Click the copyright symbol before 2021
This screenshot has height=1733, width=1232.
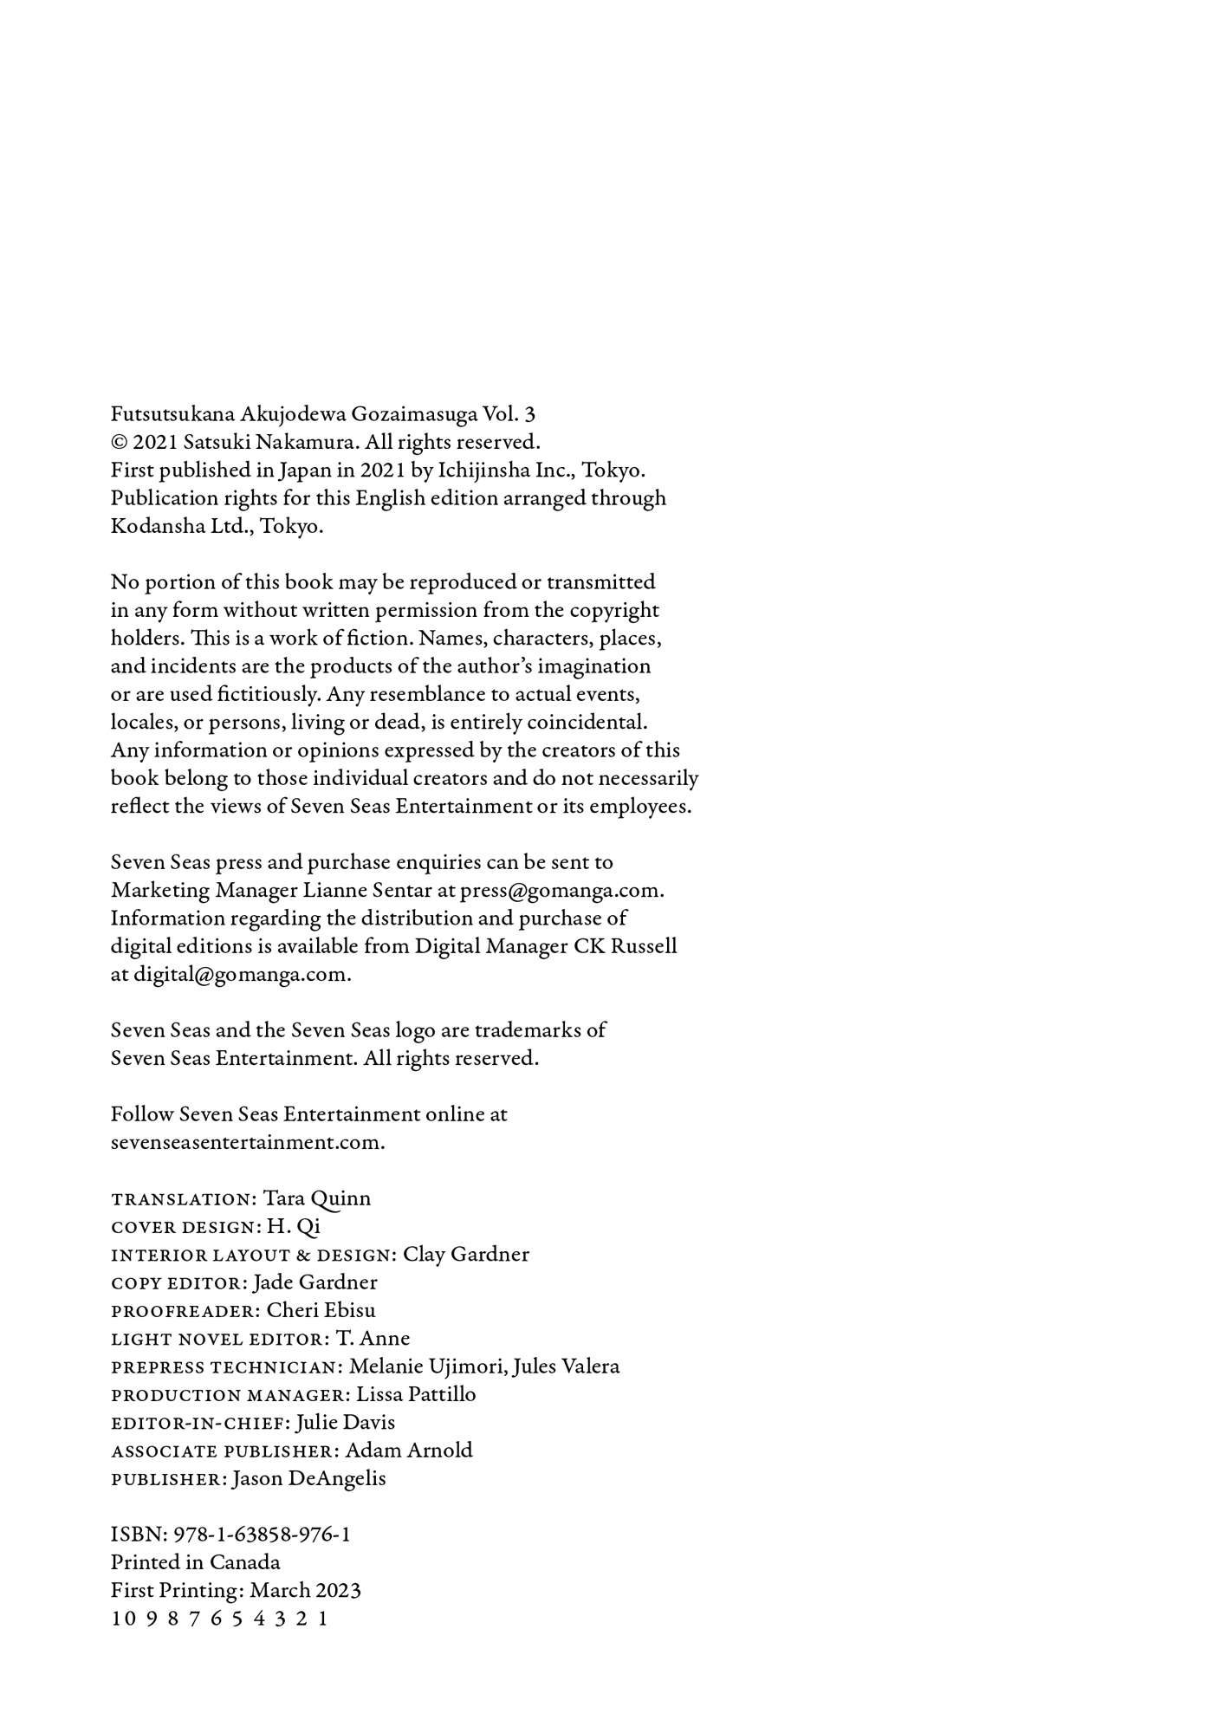pos(120,443)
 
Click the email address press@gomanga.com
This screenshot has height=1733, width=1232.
pos(561,890)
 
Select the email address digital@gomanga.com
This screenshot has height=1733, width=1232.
pos(241,974)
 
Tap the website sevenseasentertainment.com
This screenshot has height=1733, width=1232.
pos(247,1142)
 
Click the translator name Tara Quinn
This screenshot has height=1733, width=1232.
pos(316,1198)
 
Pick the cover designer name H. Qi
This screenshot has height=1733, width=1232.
pos(293,1226)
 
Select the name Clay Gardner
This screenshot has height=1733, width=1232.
pos(465,1254)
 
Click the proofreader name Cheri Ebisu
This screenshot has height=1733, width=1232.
pos(321,1310)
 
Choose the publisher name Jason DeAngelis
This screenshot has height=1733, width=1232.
pos(308,1478)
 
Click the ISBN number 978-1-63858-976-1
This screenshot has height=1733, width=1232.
pos(262,1535)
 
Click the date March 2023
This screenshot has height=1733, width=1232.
pos(305,1590)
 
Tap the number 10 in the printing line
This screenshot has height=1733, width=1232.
pos(123,1619)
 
